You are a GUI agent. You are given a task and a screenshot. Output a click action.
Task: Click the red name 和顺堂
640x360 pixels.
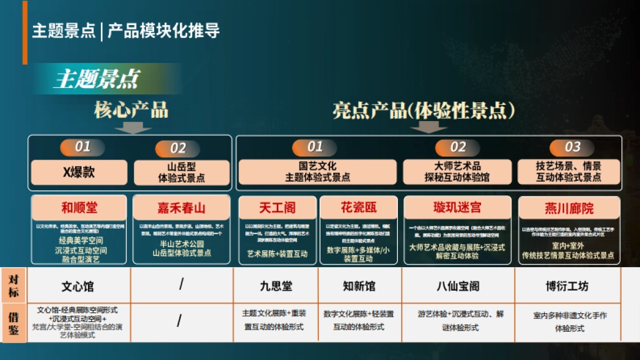click(79, 207)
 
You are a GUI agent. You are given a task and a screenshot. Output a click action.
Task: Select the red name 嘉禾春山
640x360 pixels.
click(181, 207)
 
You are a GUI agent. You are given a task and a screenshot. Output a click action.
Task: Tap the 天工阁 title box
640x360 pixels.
click(277, 207)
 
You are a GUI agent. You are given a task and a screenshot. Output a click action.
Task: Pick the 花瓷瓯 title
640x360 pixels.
click(359, 207)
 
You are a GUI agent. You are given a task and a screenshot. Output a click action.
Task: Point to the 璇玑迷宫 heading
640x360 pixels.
click(457, 207)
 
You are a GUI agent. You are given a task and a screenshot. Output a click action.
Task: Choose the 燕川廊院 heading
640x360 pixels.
click(569, 208)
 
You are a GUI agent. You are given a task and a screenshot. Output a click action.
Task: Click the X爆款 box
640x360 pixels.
click(79, 172)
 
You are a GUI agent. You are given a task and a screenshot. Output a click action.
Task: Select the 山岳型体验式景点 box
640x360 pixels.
click(181, 172)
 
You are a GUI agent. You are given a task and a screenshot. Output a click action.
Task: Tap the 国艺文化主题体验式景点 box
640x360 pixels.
click(317, 172)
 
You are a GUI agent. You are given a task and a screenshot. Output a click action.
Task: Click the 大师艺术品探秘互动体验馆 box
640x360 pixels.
click(457, 172)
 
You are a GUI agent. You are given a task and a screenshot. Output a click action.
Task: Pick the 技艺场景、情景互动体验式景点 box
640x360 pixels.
click(569, 172)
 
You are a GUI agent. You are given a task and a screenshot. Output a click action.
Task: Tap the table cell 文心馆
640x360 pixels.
click(78, 286)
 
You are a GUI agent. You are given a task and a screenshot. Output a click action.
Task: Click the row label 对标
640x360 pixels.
click(13, 285)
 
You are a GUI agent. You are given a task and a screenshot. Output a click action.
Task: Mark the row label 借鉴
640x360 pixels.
click(13, 323)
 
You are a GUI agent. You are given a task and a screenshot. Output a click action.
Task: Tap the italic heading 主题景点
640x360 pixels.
click(96, 79)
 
